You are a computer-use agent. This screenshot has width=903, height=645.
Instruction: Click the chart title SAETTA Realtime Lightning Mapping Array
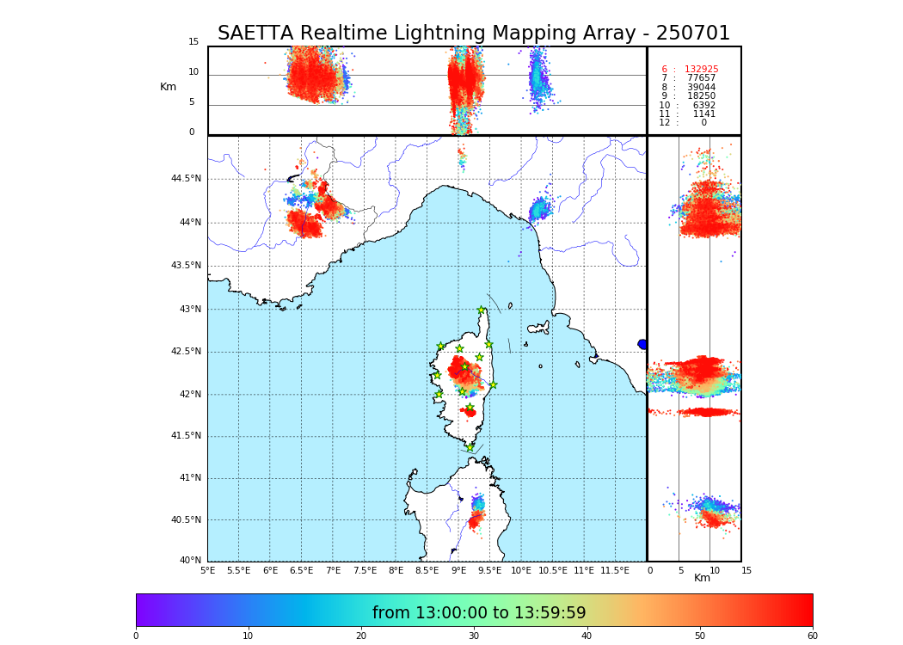473,34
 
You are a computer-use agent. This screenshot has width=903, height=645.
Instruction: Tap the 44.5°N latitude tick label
186,179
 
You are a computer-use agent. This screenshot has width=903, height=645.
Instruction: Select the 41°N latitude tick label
189,478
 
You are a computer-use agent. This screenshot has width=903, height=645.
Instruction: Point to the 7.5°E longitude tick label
365,570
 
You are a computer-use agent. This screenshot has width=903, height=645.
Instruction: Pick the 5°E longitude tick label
207,570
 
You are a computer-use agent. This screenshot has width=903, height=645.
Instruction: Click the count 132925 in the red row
701,70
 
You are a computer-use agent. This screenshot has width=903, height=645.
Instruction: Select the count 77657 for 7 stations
701,78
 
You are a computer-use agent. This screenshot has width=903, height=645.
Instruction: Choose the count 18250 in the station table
701,96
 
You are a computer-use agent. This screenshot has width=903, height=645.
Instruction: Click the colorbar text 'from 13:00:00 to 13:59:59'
479,613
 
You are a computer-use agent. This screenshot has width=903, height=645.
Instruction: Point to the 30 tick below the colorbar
474,636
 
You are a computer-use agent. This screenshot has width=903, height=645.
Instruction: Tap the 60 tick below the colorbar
812,636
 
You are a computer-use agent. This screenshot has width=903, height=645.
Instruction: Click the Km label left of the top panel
168,87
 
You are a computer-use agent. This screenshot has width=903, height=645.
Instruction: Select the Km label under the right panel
702,578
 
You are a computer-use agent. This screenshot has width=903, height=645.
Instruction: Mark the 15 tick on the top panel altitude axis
193,42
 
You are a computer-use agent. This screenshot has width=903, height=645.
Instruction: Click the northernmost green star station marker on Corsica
482,310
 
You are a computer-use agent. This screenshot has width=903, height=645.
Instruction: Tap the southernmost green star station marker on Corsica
470,447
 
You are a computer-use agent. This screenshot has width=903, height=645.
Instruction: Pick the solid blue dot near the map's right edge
642,344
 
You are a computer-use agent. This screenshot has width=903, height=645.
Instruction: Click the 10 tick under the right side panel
709,570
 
